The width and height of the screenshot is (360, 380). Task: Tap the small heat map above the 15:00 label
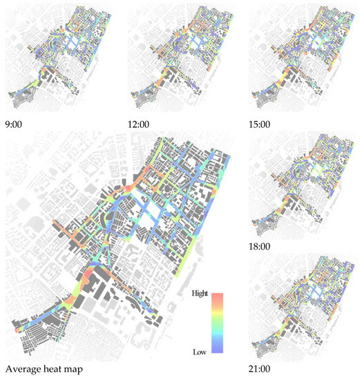304,59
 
